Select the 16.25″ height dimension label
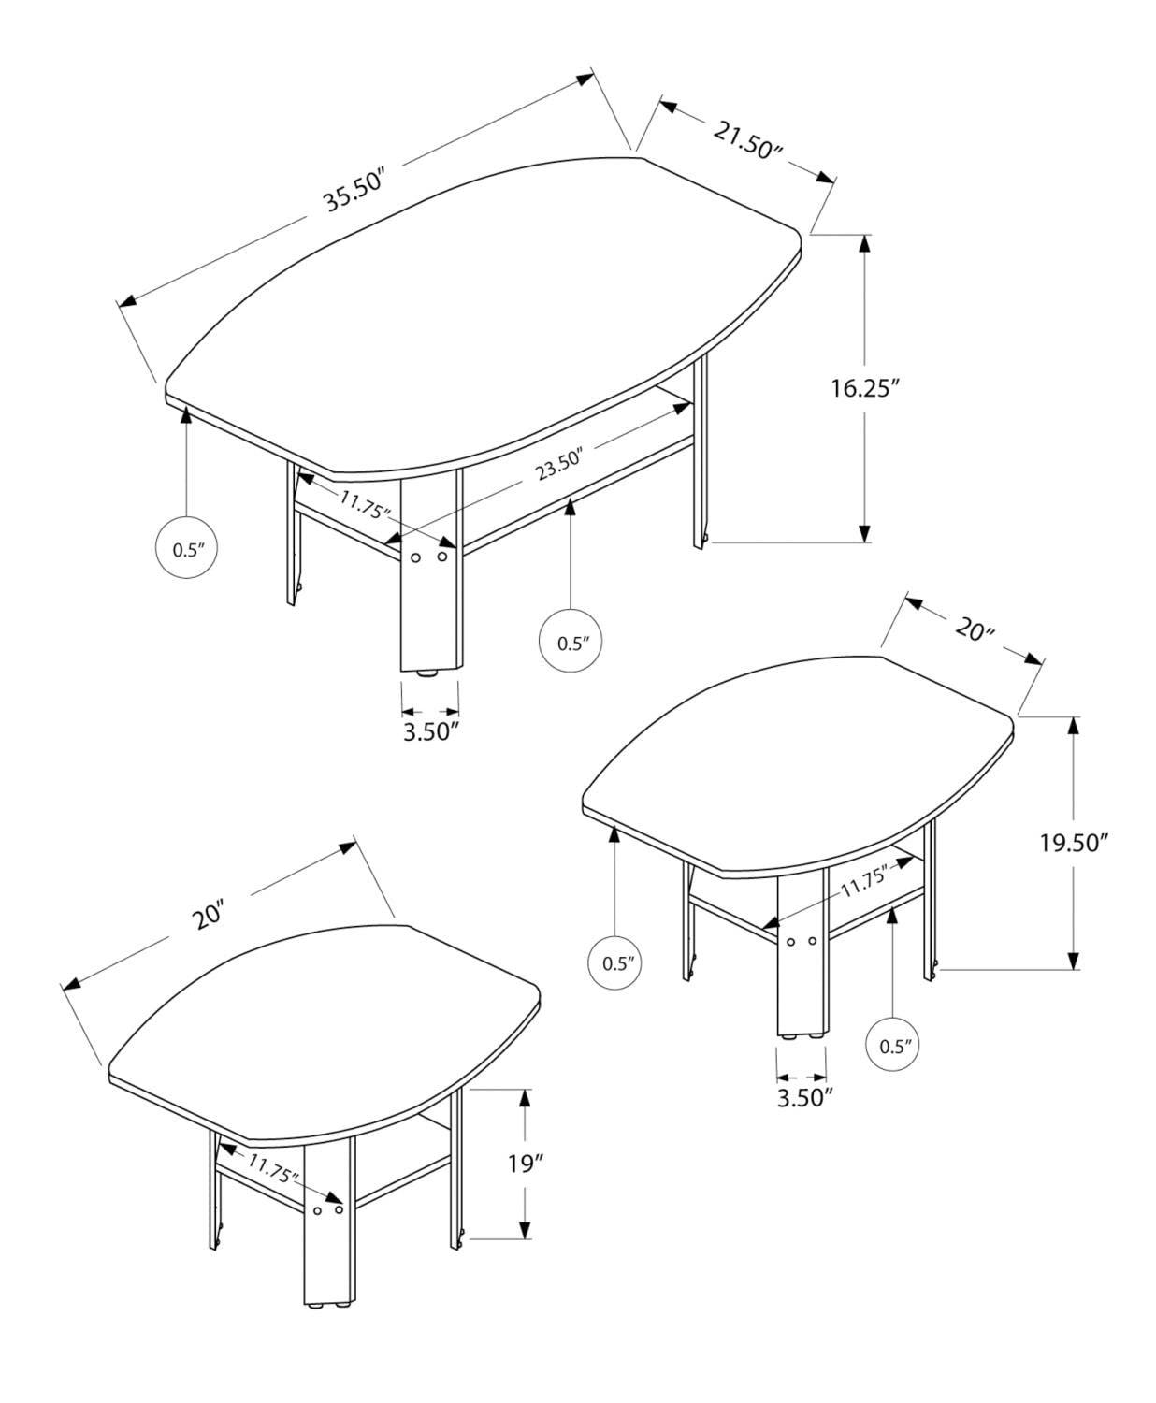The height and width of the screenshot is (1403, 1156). [x=864, y=388]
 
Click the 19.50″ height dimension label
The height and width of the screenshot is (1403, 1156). [x=1074, y=843]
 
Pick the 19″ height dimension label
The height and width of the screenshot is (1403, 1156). [x=526, y=1164]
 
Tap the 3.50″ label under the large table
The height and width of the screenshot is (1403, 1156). [x=430, y=730]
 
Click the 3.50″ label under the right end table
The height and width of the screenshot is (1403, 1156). [x=804, y=1096]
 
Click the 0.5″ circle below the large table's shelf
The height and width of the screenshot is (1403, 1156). [x=571, y=643]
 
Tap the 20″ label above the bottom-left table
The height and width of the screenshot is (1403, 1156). [x=210, y=915]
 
